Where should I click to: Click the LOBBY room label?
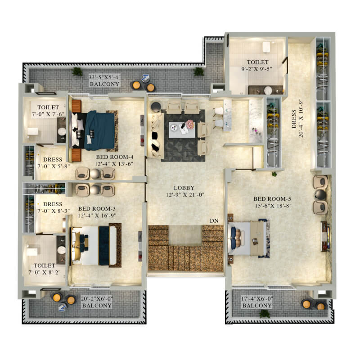click(184, 188)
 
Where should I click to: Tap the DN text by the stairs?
click(214, 220)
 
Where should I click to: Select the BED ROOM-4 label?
click(115, 157)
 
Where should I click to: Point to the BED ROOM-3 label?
click(97, 209)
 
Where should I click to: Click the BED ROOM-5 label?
click(272, 199)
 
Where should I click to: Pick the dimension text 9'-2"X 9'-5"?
click(256, 69)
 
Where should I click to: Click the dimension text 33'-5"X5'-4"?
click(105, 77)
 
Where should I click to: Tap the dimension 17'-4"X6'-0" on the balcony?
click(257, 299)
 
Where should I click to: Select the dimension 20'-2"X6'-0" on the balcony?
click(97, 299)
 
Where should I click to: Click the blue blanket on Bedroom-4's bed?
click(100, 130)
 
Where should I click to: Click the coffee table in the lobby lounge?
click(182, 130)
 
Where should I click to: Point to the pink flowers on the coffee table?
click(190, 124)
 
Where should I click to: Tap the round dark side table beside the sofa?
click(156, 107)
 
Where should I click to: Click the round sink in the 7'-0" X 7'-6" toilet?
click(62, 131)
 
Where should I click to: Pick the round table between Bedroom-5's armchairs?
click(320, 194)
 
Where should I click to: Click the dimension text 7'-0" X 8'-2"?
click(45, 272)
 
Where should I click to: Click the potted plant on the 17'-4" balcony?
click(264, 314)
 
